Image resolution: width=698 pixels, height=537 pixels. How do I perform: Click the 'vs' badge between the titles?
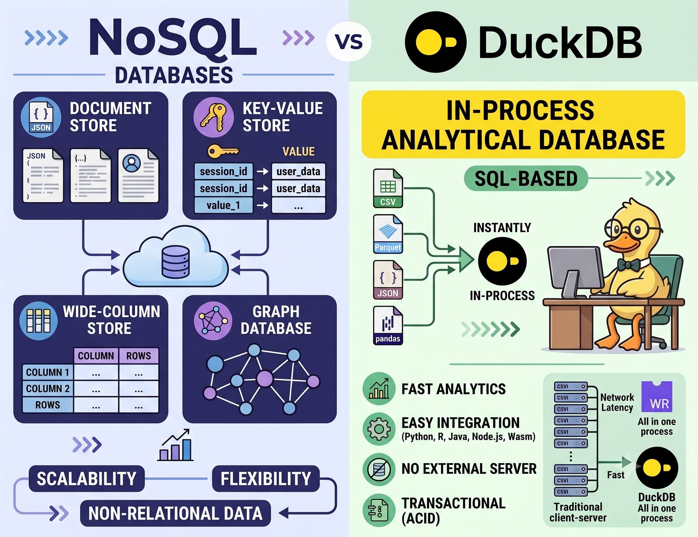click(x=349, y=41)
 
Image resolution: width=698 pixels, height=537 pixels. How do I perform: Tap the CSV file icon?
click(x=388, y=188)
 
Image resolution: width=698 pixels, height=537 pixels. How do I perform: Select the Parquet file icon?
click(x=388, y=233)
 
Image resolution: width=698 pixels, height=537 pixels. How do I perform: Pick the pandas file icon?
click(x=388, y=325)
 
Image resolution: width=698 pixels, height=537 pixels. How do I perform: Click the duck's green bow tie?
click(x=629, y=265)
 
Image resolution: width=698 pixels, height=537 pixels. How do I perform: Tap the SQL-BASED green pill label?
click(x=526, y=178)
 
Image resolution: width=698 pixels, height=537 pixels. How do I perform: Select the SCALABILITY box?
click(x=86, y=478)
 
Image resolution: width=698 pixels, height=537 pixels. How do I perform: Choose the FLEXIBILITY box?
click(x=266, y=478)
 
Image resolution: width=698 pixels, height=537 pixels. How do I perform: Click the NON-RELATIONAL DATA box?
click(x=175, y=513)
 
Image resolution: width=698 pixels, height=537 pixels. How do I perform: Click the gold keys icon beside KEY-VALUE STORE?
click(x=213, y=117)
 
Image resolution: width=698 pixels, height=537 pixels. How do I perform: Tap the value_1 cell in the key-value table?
click(x=223, y=205)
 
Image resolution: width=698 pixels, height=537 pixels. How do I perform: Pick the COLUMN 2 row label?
click(x=48, y=388)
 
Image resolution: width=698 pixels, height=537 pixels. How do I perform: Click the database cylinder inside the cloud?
click(x=176, y=262)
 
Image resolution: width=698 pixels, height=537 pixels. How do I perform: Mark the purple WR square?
click(x=657, y=397)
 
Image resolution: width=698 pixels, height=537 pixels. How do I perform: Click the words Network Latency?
click(x=617, y=402)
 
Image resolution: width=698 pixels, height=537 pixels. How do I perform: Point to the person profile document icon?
click(x=138, y=176)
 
